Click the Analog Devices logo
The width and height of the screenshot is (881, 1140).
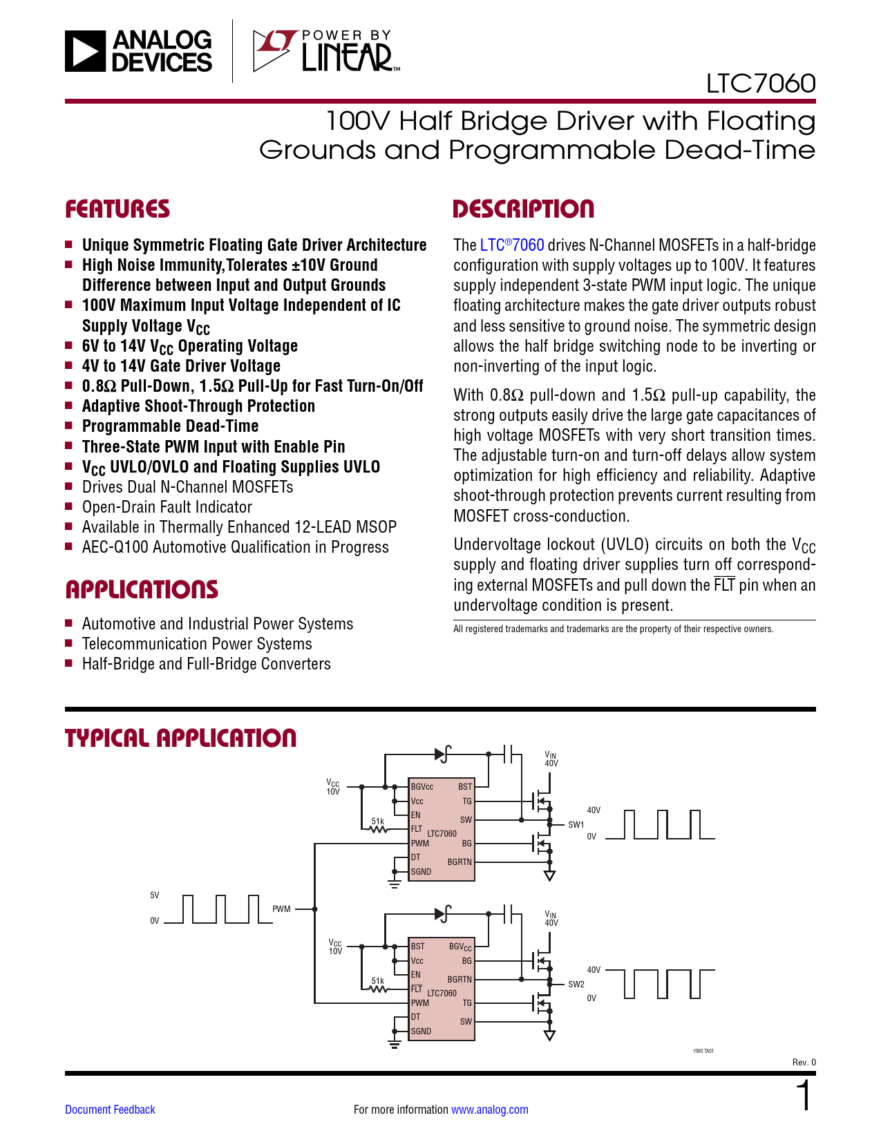pyautogui.click(x=139, y=51)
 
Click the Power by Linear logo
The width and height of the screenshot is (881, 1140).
pyautogui.click(x=325, y=51)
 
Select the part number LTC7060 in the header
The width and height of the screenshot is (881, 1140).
pyautogui.click(x=760, y=84)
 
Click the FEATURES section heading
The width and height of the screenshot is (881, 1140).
pyautogui.click(x=117, y=209)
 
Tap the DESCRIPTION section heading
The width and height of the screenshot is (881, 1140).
pyautogui.click(x=523, y=209)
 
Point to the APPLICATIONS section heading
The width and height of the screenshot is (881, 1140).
pyautogui.click(x=142, y=589)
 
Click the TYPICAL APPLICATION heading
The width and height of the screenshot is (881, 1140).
pyautogui.click(x=180, y=738)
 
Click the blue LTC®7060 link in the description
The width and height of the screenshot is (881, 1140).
pyautogui.click(x=512, y=245)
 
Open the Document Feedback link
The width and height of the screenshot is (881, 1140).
pyautogui.click(x=110, y=1110)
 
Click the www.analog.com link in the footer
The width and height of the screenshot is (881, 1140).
pyautogui.click(x=489, y=1110)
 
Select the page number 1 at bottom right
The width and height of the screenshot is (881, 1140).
pyautogui.click(x=804, y=1096)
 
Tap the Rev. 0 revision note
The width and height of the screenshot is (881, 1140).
pyautogui.click(x=804, y=1063)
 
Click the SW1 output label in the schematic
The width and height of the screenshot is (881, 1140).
pyautogui.click(x=576, y=824)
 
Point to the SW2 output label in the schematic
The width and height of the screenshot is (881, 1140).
pyautogui.click(x=576, y=984)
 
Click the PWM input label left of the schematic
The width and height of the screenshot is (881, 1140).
pyautogui.click(x=281, y=909)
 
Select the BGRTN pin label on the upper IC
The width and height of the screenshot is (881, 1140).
pyautogui.click(x=460, y=862)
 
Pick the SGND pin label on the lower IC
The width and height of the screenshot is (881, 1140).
pyautogui.click(x=421, y=1031)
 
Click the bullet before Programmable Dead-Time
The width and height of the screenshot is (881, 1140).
pyautogui.click(x=69, y=426)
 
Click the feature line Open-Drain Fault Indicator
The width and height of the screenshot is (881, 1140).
pyautogui.click(x=167, y=507)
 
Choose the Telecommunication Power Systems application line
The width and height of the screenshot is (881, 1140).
pyautogui.click(x=197, y=644)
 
